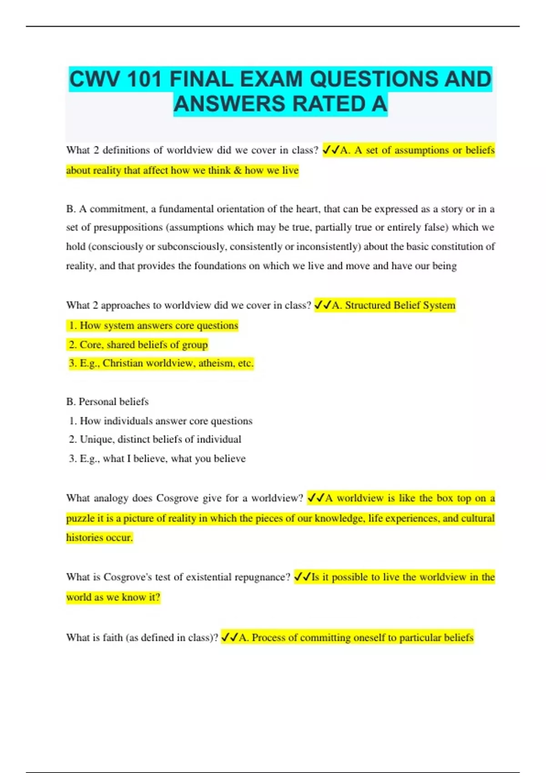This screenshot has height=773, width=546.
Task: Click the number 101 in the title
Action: [x=145, y=79]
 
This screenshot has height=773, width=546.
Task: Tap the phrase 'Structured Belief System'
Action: [x=400, y=305]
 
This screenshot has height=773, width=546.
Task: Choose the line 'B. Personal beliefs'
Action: [x=107, y=402]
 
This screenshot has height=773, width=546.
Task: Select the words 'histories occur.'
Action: [x=99, y=537]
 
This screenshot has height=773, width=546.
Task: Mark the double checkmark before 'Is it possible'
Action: [x=302, y=577]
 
